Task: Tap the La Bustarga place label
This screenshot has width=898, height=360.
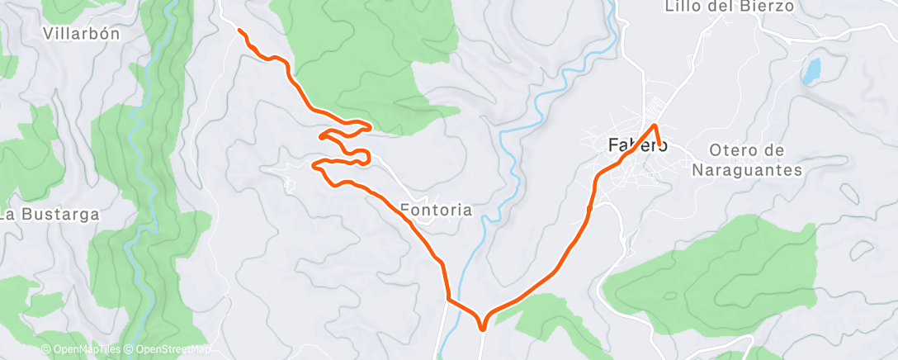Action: click(x=50, y=215)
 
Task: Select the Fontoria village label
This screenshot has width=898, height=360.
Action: click(x=437, y=210)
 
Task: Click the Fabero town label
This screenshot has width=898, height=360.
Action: click(x=637, y=144)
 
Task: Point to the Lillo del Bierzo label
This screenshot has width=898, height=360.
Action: click(x=729, y=7)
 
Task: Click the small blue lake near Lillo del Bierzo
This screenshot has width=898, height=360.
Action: click(x=811, y=71)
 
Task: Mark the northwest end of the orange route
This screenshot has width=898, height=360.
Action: click(x=239, y=31)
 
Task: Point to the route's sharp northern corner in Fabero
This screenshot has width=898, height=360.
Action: click(x=655, y=126)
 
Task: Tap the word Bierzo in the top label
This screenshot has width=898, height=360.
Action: click(x=768, y=7)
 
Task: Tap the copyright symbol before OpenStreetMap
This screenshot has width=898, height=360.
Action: click(x=130, y=350)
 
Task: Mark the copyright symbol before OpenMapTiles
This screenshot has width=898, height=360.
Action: click(x=46, y=350)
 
